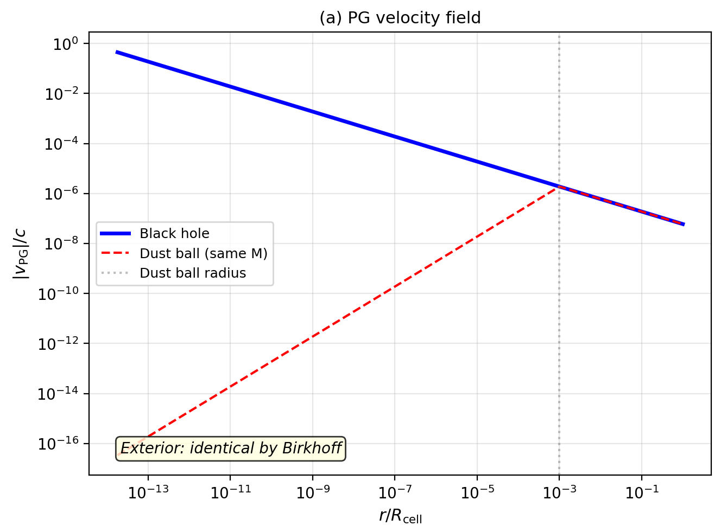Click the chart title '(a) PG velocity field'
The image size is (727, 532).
click(x=400, y=18)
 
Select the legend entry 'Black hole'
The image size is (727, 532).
click(x=174, y=234)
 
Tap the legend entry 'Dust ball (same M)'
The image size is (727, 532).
click(x=203, y=254)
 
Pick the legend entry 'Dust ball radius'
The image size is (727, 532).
click(x=193, y=273)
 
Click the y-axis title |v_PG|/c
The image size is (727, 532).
click(x=22, y=253)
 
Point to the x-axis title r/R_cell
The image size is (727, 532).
click(x=400, y=516)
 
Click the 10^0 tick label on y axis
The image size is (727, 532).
click(x=65, y=44)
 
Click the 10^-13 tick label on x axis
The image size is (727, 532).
click(x=148, y=492)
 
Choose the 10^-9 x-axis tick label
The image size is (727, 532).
click(x=313, y=492)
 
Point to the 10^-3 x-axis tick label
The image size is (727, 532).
click(x=559, y=492)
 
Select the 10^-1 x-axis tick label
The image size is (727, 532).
click(x=642, y=492)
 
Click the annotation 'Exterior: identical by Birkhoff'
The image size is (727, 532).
click(x=231, y=448)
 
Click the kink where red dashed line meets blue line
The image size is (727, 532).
click(x=559, y=187)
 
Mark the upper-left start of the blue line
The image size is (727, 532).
click(x=116, y=52)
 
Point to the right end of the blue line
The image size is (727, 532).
click(x=684, y=224)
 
